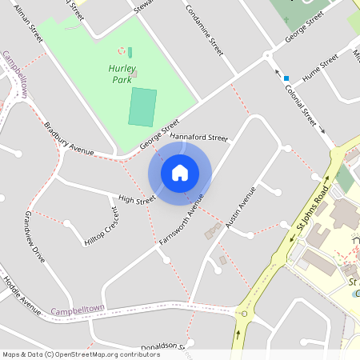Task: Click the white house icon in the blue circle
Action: tap(180, 172)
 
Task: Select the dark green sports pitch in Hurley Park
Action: tap(142, 107)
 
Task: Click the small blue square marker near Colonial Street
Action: tap(286, 78)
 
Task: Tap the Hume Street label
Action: tap(321, 70)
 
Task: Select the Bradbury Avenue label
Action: tap(70, 138)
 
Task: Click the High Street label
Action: tap(136, 199)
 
